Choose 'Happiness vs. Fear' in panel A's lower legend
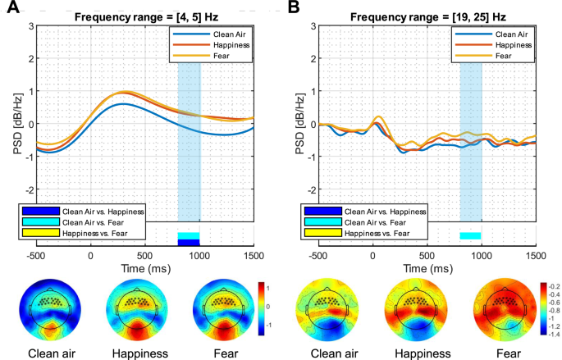(107, 234)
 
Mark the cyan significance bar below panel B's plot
(470, 236)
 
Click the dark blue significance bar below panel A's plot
(189, 242)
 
